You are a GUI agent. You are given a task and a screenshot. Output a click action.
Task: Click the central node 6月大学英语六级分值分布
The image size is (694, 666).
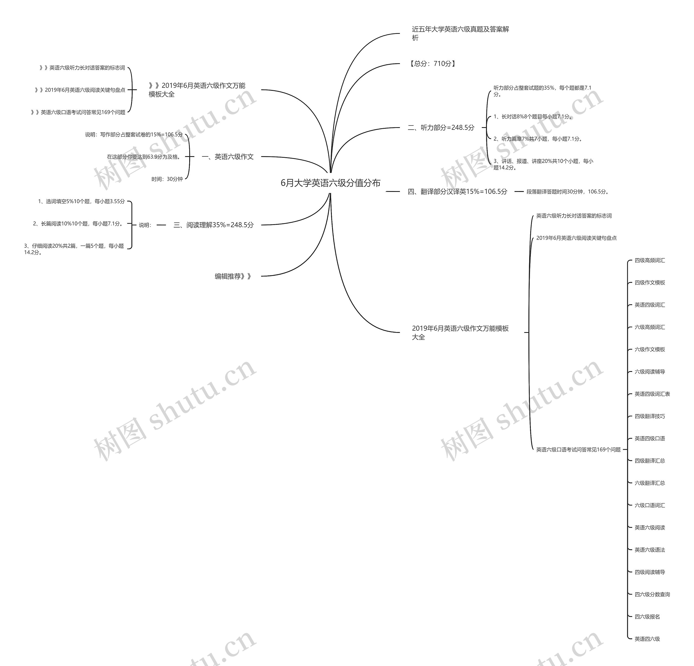330,183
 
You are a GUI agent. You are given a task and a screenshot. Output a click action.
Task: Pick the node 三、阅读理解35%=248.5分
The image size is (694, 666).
214,225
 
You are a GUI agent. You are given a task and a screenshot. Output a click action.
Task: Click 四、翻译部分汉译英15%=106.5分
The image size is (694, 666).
458,192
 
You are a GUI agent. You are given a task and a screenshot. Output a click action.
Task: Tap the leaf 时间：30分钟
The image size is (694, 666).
167,179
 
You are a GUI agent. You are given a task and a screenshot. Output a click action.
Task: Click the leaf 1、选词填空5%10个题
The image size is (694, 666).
81,201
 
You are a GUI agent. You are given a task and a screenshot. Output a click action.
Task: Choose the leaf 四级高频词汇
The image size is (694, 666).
650,260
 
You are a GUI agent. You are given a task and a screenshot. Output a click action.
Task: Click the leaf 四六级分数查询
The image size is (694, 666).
652,594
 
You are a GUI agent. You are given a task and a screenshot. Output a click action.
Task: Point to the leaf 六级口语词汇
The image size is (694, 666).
650,505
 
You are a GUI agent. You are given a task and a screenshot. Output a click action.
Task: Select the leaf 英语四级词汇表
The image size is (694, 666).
652,394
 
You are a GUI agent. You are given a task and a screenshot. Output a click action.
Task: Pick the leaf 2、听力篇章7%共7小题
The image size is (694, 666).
538,139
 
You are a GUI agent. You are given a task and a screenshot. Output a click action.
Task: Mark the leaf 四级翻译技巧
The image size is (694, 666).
650,416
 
